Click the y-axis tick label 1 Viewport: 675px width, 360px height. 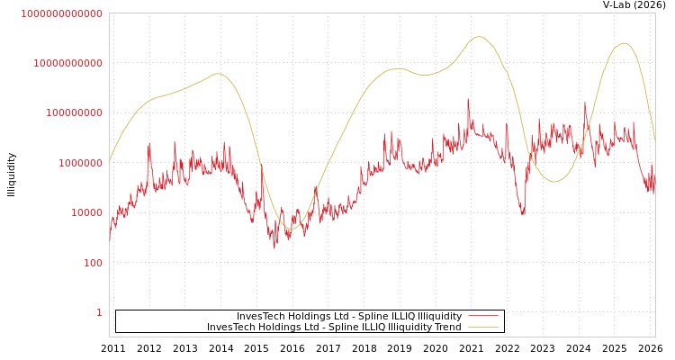tap(99, 312)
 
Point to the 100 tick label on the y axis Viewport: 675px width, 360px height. tap(94, 263)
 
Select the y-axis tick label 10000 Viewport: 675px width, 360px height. tap(87, 212)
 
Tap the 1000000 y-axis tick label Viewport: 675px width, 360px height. tap(81, 163)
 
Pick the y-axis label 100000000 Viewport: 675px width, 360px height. tap(75, 113)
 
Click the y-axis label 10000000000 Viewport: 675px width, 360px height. tap(68, 63)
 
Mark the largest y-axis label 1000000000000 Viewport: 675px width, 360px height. tap(62, 13)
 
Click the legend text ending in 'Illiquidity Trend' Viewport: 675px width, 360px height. tap(334, 327)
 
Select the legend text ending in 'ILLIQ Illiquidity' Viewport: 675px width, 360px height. tap(349, 316)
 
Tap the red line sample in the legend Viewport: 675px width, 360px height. tap(483, 316)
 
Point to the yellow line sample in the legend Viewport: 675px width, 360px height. tap(483, 327)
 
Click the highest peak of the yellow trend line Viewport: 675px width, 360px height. tap(479, 37)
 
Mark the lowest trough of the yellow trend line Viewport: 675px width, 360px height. tap(290, 229)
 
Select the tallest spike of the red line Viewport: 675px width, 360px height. tap(468, 99)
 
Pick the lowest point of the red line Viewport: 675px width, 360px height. tap(274, 247)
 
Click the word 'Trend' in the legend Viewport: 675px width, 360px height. tap(447, 327)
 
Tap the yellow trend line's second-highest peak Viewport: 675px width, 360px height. tap(624, 43)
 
